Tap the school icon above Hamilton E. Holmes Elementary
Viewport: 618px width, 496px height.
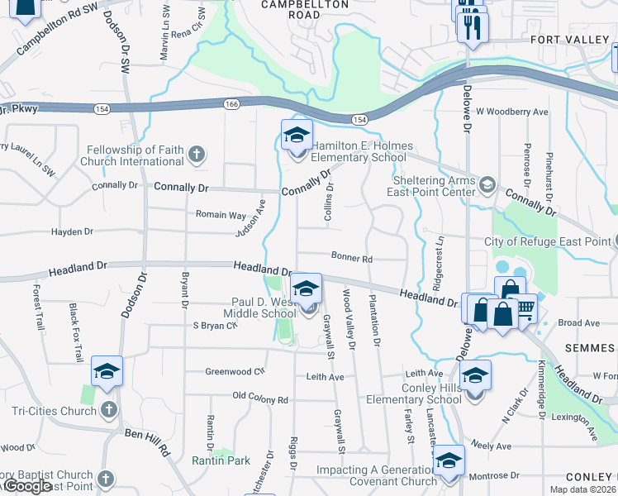[x=297, y=135]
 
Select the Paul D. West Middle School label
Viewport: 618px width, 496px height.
[x=259, y=308]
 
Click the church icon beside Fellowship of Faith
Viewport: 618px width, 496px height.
[x=196, y=154]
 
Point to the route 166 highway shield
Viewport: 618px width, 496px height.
[x=231, y=103]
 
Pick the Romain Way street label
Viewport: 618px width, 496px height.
[x=221, y=215]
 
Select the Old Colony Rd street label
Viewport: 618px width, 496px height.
[x=260, y=399]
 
